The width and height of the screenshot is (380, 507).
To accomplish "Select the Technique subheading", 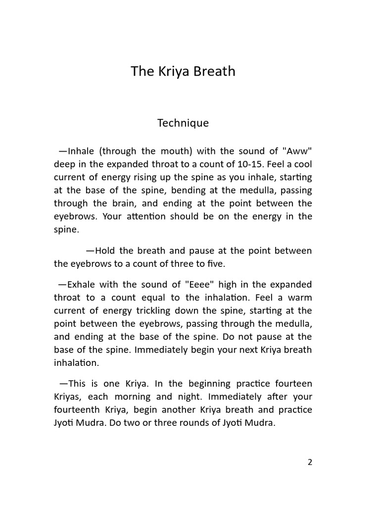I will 183,123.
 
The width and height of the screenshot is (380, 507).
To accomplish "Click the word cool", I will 302,164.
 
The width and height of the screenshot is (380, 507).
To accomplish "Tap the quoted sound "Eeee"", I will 200,285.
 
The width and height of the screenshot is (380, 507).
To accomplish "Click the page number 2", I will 310,462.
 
